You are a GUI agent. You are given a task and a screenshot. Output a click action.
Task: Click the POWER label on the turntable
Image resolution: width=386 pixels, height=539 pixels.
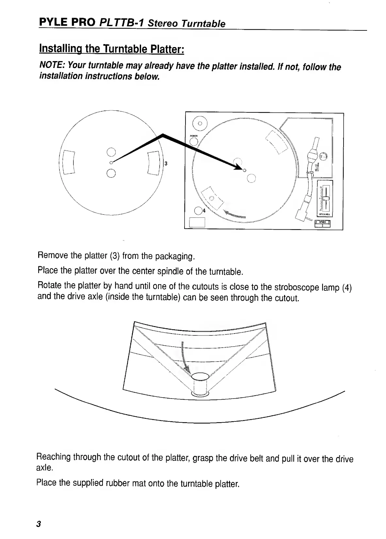pyautogui.click(x=194, y=136)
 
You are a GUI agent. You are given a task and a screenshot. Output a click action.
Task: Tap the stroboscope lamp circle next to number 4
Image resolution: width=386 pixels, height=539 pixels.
pyautogui.click(x=198, y=211)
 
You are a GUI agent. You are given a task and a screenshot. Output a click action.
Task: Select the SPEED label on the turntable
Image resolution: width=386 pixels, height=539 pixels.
pyautogui.click(x=322, y=222)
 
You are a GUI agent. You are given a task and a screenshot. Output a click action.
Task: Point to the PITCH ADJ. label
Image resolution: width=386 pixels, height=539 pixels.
pyautogui.click(x=324, y=215)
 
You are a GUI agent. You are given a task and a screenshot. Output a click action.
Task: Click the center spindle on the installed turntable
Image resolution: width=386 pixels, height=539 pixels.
pyautogui.click(x=245, y=170)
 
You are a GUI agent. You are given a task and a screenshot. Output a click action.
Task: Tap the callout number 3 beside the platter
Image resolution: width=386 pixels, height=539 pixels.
pyautogui.click(x=166, y=163)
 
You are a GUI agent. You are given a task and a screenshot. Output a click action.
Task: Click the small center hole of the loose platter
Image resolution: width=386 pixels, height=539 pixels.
pyautogui.click(x=111, y=162)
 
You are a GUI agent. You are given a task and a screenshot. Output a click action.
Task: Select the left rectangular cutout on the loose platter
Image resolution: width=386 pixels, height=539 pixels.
pyautogui.click(x=69, y=162)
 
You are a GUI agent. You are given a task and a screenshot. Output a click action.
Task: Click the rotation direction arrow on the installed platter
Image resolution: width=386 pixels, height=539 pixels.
pyautogui.click(x=234, y=215)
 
